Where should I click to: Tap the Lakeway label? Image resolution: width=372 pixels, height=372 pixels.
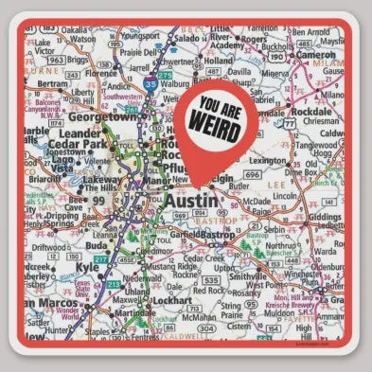click(x=100, y=179)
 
